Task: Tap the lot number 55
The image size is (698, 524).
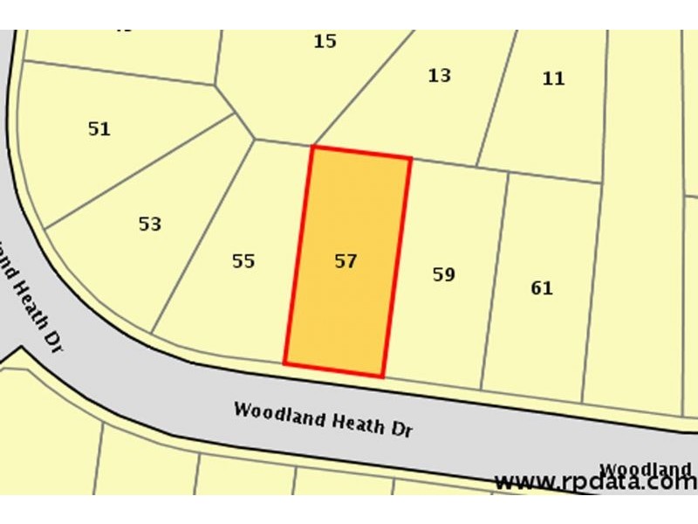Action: tap(243, 261)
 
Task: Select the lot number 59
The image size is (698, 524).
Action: tap(444, 275)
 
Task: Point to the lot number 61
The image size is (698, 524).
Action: tap(542, 288)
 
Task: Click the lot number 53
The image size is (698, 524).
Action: tap(150, 224)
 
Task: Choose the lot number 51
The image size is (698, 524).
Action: tap(99, 129)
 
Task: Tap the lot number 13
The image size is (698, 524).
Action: tap(440, 76)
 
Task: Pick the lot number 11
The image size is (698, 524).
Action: tap(553, 79)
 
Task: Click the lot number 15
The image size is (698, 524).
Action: tap(325, 41)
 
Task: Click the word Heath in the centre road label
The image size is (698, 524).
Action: tap(356, 421)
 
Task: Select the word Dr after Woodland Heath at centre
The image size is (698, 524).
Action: tap(401, 429)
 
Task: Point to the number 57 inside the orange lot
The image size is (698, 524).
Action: tap(346, 261)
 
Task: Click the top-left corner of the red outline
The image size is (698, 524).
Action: tap(312, 147)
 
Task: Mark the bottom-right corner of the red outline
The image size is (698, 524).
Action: tap(382, 376)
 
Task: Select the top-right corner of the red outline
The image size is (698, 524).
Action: tap(410, 158)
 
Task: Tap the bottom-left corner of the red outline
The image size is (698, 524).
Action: tap(285, 362)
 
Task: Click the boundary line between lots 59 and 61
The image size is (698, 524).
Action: tap(495, 279)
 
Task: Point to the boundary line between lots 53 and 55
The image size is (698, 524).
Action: tap(202, 236)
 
